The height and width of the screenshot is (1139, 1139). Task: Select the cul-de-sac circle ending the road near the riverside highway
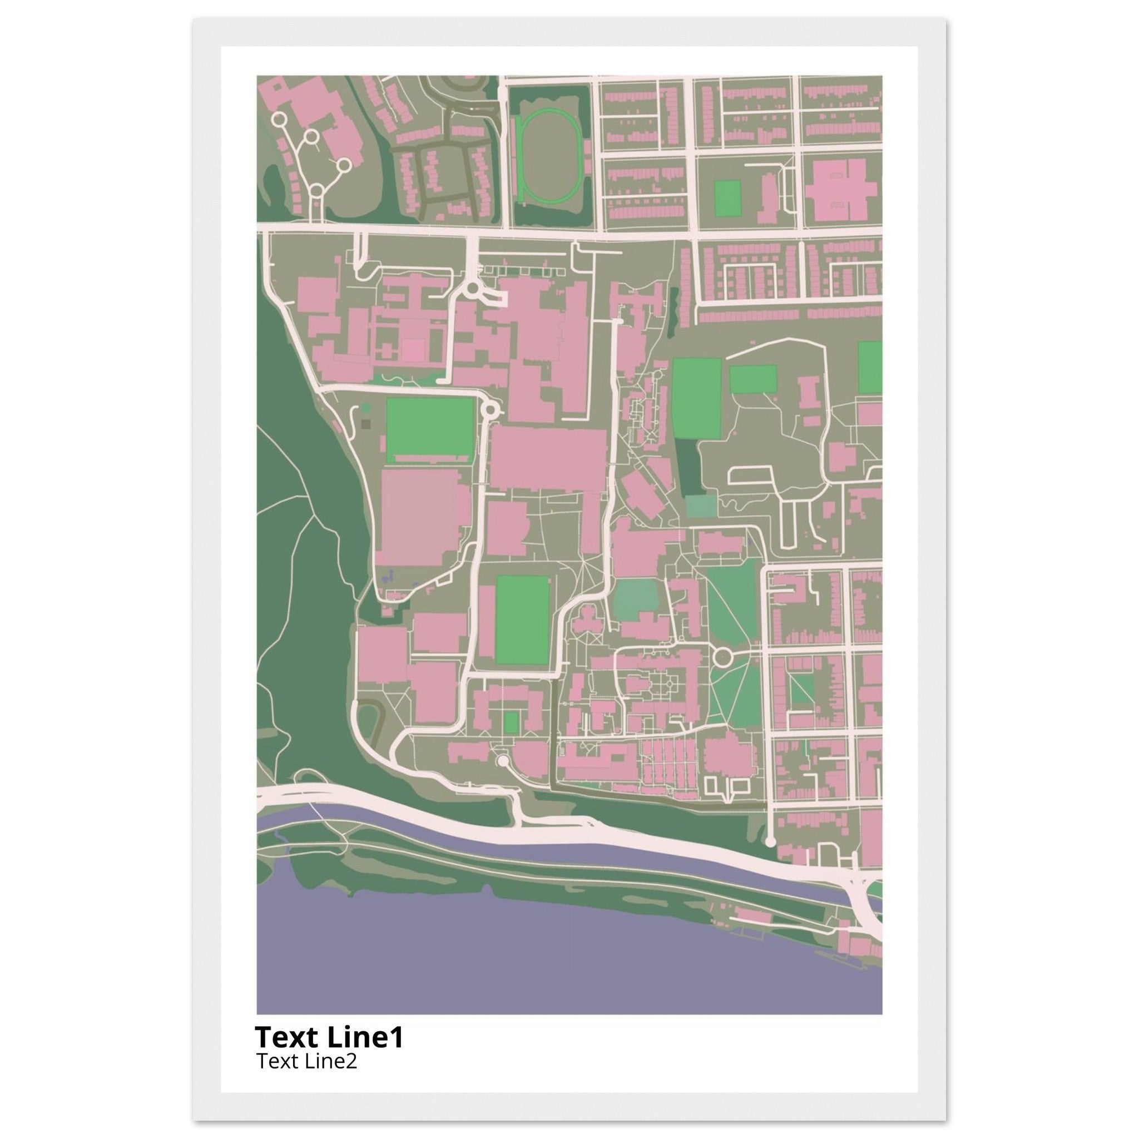coord(770,842)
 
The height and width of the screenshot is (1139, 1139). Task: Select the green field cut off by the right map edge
coord(870,368)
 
